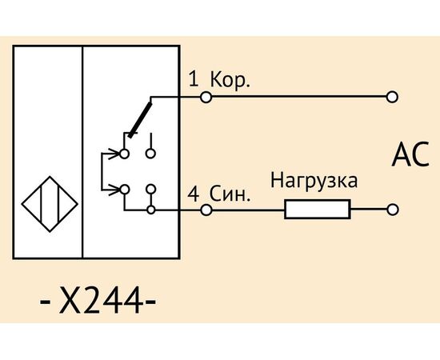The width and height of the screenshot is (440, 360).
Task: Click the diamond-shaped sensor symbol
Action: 50,177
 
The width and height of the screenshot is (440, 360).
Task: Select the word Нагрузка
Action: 314,181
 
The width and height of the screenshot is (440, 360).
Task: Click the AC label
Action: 410,154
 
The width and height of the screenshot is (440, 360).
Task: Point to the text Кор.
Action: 230,80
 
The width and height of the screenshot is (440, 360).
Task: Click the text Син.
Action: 230,194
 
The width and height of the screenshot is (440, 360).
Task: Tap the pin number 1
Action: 194,79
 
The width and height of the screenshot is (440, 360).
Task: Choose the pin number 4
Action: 194,194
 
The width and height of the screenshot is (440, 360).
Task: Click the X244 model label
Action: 98,301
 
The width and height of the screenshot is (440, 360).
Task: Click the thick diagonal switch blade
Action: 140,120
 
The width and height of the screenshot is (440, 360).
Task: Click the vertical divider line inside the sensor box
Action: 82,152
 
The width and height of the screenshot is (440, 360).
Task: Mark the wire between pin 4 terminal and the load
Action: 248,210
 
